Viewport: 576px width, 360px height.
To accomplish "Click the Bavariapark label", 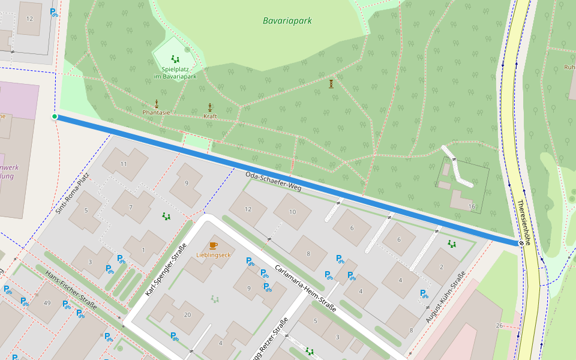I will pos(287,21).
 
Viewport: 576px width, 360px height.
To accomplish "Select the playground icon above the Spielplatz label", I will pos(175,59).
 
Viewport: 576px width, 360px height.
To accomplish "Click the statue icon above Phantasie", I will pos(157,103).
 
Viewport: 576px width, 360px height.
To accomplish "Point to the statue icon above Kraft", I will pos(210,107).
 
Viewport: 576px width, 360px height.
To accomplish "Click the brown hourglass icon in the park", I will pos(331,84).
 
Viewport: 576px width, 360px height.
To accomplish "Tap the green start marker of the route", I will pos(55,116).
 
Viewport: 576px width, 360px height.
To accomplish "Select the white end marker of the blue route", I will pos(520,243).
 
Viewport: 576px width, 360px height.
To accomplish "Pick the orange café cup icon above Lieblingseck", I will pos(213,245).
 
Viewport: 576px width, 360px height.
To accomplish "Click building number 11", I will pos(124,164).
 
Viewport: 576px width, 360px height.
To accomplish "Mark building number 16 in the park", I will pos(472,206).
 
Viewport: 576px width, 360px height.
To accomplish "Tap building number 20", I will pos(187,315).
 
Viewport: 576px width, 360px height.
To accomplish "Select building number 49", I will pos(47,302).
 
